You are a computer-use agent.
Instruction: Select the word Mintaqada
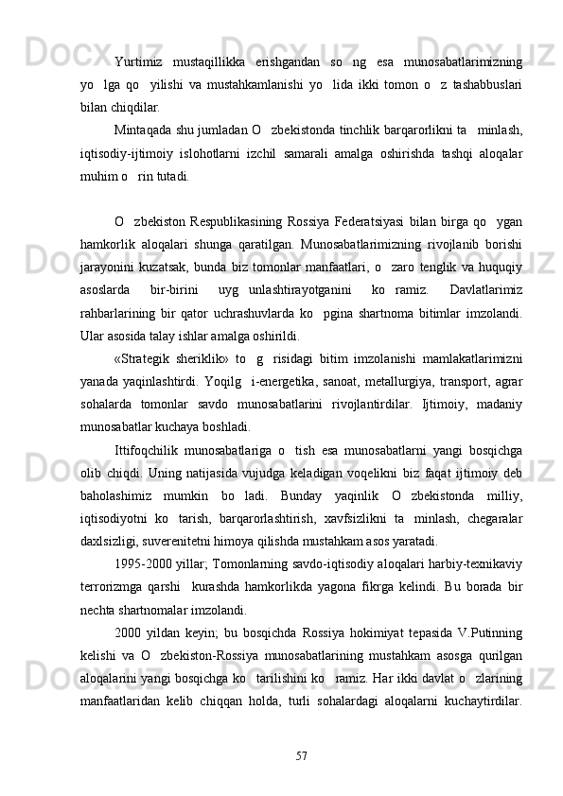click(146, 130)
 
